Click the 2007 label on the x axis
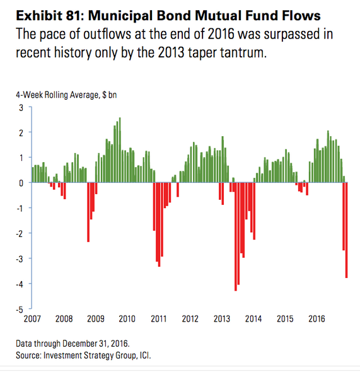32,319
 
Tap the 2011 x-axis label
159,319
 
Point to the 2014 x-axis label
253,319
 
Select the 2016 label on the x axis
316,319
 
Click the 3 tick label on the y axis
21,108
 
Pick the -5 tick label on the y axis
20,310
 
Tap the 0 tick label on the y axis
21,183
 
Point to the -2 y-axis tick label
20,234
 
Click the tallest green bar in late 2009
120,150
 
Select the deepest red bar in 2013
236,236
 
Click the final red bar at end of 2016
347,230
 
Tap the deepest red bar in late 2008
88,212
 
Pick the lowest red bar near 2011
159,224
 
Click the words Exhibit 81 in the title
50,16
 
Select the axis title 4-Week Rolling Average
57,95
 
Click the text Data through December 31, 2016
73,344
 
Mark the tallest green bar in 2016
328,156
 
